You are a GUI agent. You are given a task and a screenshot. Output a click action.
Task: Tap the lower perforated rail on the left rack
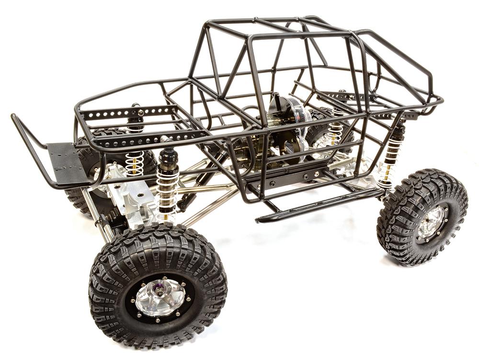(144, 139)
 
